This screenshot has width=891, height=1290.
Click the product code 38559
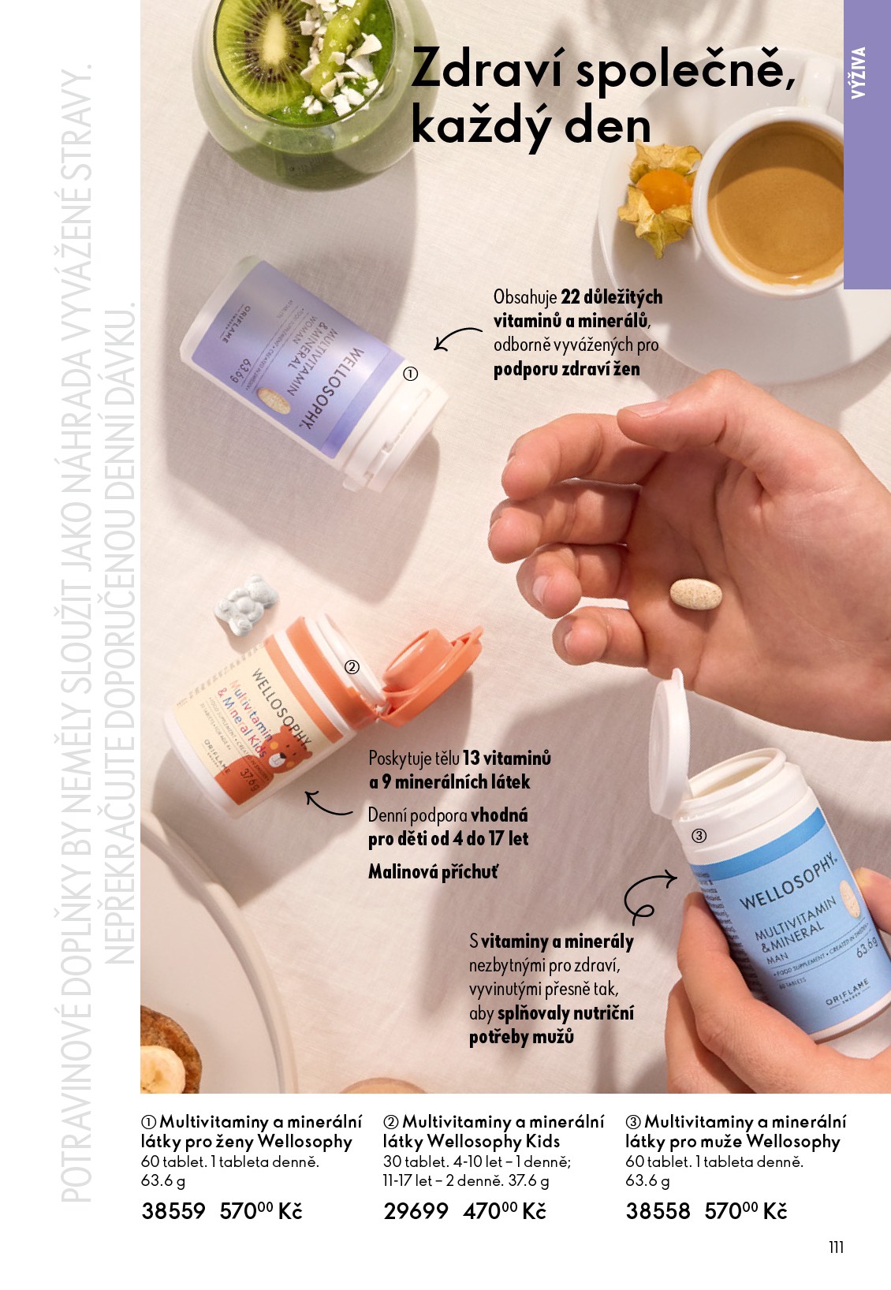click(173, 1211)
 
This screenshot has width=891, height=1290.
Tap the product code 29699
click(416, 1211)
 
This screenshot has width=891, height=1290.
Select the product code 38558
click(658, 1211)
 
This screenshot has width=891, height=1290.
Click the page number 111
click(836, 1247)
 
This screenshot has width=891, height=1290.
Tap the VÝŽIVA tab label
click(859, 73)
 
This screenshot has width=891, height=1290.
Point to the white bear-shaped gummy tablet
click(246, 605)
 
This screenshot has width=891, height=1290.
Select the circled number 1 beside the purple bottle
click(410, 375)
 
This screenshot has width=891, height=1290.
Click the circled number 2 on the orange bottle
click(352, 667)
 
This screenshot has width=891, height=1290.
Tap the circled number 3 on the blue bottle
click(699, 836)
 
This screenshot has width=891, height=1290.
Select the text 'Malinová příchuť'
click(433, 872)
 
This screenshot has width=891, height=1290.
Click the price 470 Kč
click(505, 1211)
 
